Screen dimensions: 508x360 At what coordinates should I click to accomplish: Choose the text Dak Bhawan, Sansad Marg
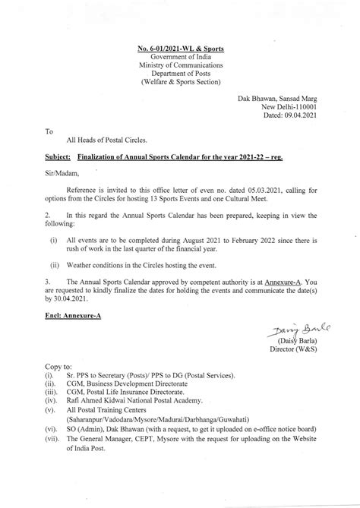pyautogui.click(x=280, y=96)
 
